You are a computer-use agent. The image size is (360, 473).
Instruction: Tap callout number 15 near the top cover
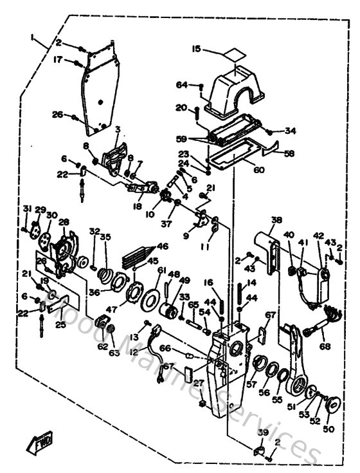(196, 48)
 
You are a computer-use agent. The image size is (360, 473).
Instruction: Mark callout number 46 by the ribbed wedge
(163, 246)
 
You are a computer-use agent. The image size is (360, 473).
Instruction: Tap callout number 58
(289, 154)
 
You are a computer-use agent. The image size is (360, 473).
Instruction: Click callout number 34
(291, 131)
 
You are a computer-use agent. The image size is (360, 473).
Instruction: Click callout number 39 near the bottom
(262, 432)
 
